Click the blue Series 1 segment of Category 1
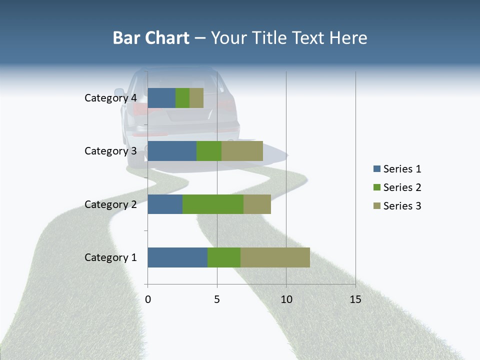(177, 257)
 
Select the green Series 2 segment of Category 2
(213, 204)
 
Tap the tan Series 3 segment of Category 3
(242, 151)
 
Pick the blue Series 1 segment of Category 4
(161, 98)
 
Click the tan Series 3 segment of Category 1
(275, 257)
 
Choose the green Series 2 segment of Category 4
(182, 98)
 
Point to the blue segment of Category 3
(172, 151)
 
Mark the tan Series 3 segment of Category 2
(257, 204)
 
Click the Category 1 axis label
(110, 257)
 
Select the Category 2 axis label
(110, 204)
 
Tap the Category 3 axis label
(110, 151)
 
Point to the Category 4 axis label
(110, 98)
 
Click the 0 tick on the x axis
(148, 299)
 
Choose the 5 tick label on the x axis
(217, 299)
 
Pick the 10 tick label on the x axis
(286, 299)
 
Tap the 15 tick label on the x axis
(355, 299)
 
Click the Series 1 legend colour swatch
(376, 169)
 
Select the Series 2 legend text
(402, 187)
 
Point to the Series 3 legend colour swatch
(376, 206)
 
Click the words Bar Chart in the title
(151, 38)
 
